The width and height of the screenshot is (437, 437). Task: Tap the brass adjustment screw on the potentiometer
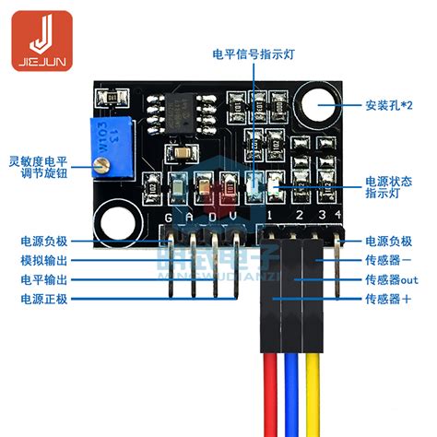(x=100, y=166)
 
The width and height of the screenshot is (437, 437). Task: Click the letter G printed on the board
(x=168, y=218)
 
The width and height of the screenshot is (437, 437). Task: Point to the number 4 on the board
(x=338, y=217)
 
